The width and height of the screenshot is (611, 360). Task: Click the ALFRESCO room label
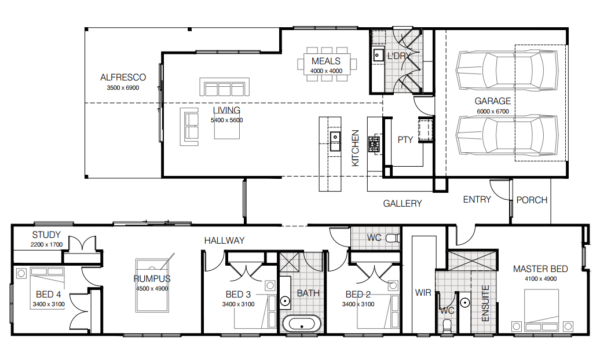coord(123,77)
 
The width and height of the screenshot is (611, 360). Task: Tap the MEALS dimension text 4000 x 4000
coord(326,71)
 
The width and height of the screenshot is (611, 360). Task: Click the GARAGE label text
coord(492,101)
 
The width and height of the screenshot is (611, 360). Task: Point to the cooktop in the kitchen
coord(374,144)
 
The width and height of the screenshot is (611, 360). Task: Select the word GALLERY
coord(403,203)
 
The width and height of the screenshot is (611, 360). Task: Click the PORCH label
coord(532,200)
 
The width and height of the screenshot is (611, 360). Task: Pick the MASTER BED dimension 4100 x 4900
coord(540,278)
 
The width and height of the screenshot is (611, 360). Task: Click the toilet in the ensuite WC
coord(447,325)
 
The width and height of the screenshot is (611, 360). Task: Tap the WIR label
coord(423,293)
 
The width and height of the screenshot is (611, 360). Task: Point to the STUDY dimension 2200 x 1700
coord(46,245)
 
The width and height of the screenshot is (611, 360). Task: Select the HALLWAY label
coord(225,240)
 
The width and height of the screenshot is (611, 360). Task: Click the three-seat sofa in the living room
coord(225,87)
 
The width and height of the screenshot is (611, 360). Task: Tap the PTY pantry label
coord(405,140)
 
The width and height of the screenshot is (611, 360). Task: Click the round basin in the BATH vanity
coord(285,301)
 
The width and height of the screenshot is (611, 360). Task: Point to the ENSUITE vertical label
coord(485,303)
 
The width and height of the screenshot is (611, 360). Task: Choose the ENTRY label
coord(477,200)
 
